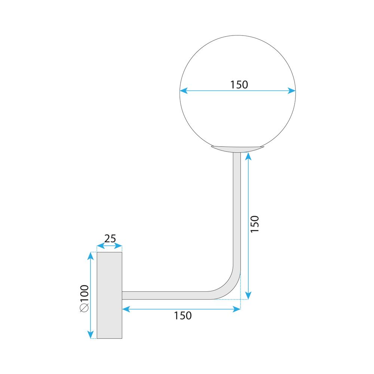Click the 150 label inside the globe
(x=239, y=85)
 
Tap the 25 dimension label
(x=110, y=238)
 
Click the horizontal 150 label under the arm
(x=183, y=316)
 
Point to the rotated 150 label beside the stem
(x=254, y=224)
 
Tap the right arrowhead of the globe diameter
(x=292, y=90)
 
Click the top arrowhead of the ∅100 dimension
(x=90, y=255)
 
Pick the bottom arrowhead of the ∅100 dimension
(x=90, y=335)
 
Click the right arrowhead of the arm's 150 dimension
(x=237, y=309)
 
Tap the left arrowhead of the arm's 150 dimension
(x=126, y=309)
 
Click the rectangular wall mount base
(x=109, y=295)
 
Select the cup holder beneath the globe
(x=236, y=149)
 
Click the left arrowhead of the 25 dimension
(x=99, y=246)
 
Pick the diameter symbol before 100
(x=84, y=308)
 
